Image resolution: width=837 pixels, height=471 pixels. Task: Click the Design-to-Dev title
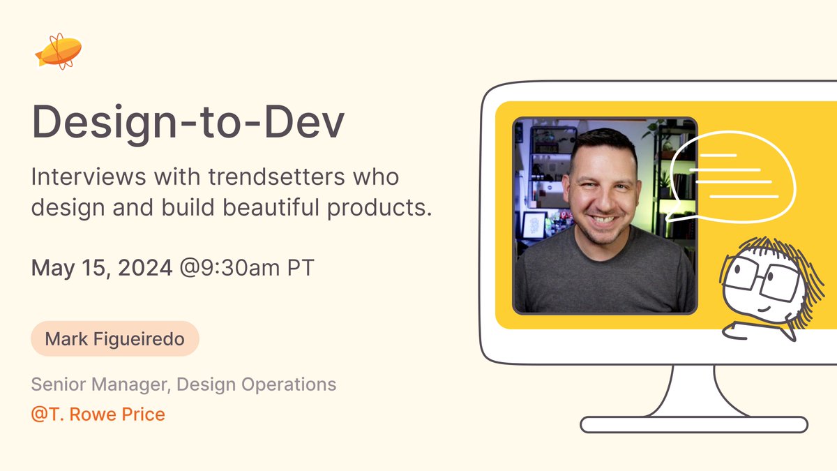pos(188,123)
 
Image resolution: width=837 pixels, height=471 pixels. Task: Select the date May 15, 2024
pos(102,268)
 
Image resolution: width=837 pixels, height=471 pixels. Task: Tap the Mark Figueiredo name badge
pos(115,339)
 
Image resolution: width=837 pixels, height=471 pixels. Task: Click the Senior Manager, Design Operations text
pos(183,384)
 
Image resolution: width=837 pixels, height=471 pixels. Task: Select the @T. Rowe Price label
pos(98,414)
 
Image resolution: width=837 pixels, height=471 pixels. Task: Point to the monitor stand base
pos(694,424)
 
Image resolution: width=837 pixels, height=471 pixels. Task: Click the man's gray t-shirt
pos(604,276)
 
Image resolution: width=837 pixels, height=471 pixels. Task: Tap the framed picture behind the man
pos(534,225)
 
